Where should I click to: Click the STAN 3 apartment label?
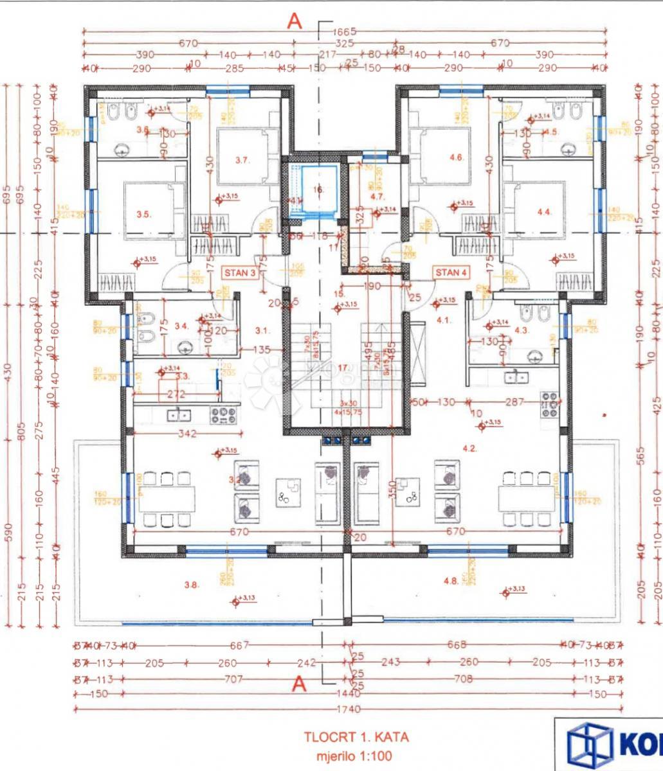pyautogui.click(x=240, y=272)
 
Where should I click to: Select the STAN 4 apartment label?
pyautogui.click(x=451, y=272)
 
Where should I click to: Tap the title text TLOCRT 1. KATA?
pyautogui.click(x=356, y=737)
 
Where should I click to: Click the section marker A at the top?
pyautogui.click(x=295, y=21)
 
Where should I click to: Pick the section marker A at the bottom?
pyautogui.click(x=299, y=685)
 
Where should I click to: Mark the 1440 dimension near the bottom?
pyautogui.click(x=346, y=695)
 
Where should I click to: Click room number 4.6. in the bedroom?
pyautogui.click(x=457, y=157)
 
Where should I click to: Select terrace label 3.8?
pyautogui.click(x=191, y=585)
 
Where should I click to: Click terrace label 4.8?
pyautogui.click(x=450, y=581)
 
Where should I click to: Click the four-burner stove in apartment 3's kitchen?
pyautogui.click(x=223, y=415)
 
